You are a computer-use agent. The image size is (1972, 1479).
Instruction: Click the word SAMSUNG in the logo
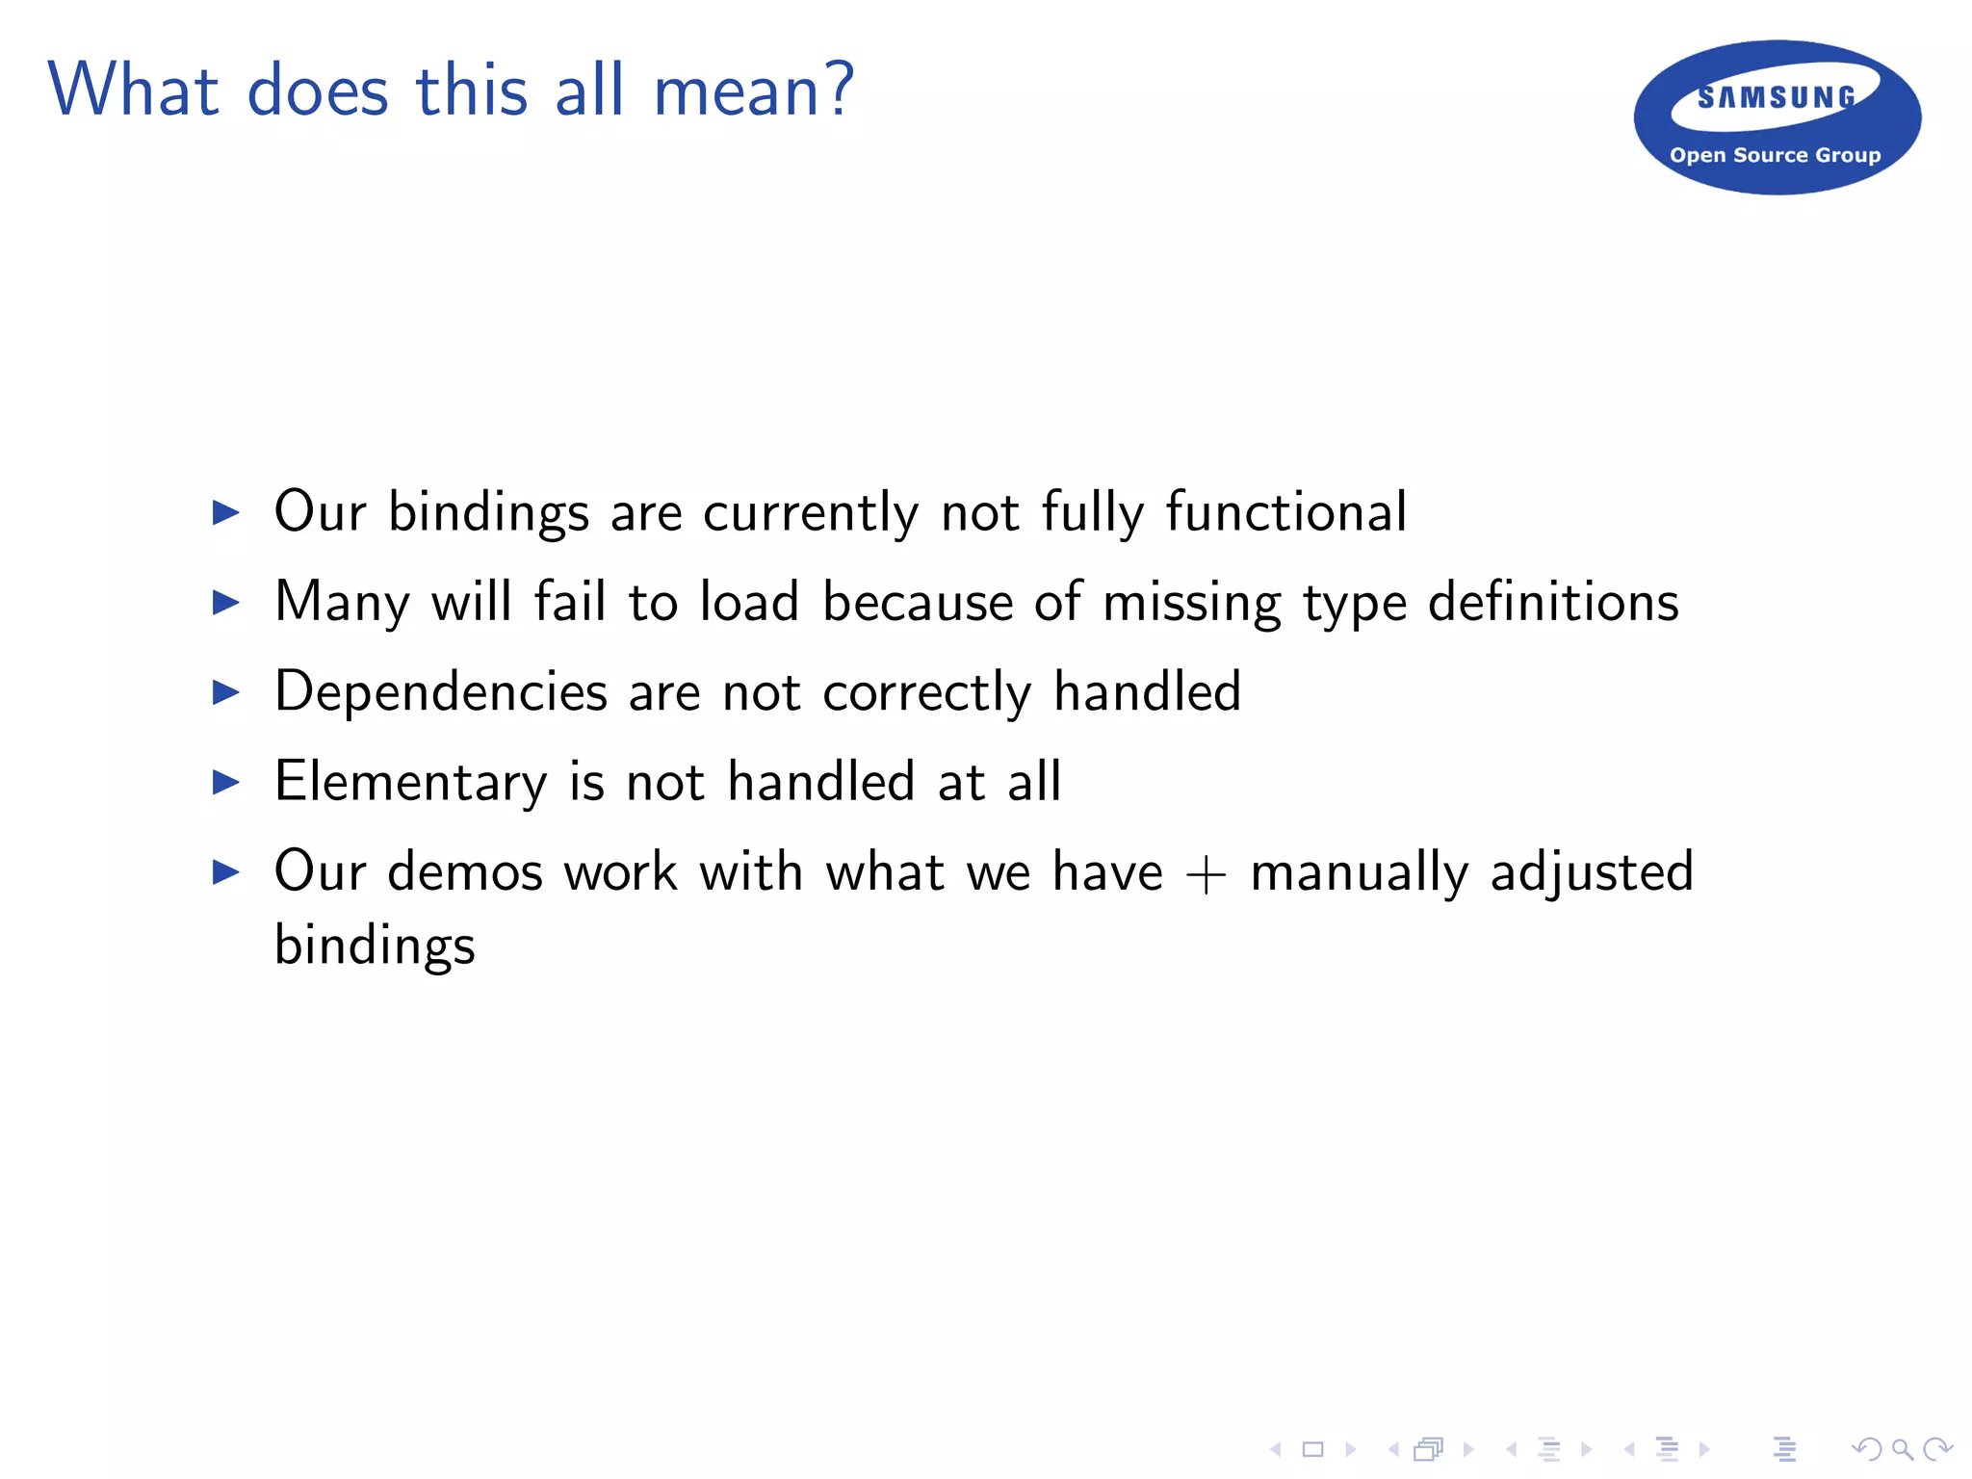point(1776,97)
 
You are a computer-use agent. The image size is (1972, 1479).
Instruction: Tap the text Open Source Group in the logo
point(1775,155)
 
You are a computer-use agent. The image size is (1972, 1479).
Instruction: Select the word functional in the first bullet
point(1286,511)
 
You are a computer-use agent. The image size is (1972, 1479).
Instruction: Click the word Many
point(342,603)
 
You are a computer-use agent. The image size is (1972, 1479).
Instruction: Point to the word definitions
point(1553,602)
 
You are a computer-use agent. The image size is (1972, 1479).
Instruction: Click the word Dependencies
point(441,691)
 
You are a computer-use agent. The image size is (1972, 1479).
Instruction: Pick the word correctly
point(926,693)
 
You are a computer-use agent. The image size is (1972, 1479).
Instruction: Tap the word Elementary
point(410,781)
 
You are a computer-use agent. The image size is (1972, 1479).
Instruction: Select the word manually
point(1359,872)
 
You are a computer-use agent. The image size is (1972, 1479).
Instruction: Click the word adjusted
point(1592,872)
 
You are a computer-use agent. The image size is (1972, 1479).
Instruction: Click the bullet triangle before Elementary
point(225,782)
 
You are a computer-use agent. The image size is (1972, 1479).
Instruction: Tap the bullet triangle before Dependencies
point(225,692)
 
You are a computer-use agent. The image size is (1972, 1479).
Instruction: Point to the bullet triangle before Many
point(225,603)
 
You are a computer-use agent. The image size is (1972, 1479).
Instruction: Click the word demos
point(465,871)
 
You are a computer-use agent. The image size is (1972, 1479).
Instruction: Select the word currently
point(811,512)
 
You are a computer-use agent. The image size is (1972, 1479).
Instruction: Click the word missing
point(1191,603)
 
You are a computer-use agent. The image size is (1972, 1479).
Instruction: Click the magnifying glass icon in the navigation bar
point(1902,1449)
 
